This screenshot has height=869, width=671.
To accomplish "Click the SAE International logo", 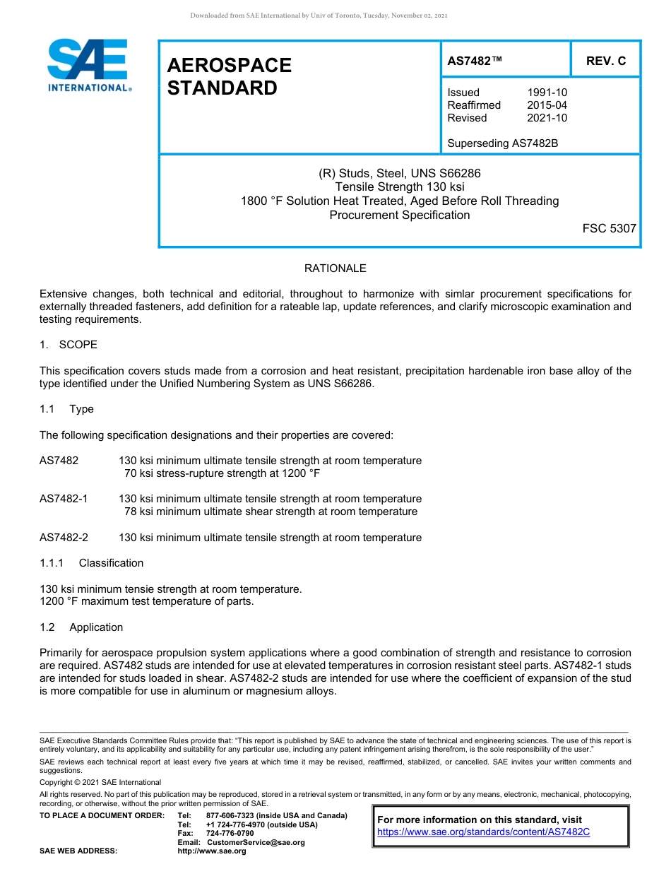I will tap(88, 65).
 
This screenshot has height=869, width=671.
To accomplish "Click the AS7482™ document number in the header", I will tap(475, 61).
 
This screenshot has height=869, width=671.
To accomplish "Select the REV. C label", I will tap(605, 61).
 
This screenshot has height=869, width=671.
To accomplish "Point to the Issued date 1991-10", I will tap(547, 93).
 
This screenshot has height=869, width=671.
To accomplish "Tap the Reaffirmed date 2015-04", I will tap(547, 105).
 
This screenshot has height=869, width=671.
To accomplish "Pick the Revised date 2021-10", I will tap(547, 118).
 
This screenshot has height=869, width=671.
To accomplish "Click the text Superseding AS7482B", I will tap(502, 143).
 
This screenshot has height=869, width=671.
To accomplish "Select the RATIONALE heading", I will tap(335, 268).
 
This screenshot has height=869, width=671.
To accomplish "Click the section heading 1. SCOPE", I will tap(69, 345).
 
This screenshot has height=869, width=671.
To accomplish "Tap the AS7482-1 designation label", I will tap(64, 499).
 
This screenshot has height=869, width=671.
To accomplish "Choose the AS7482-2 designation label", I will tap(64, 538).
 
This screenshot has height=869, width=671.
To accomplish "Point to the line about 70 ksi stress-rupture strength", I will tap(222, 473).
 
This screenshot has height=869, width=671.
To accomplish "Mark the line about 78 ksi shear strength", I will tap(271, 512).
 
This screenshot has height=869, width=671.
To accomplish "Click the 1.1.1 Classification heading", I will tap(91, 563).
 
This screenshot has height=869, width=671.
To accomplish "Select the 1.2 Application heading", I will tap(82, 627).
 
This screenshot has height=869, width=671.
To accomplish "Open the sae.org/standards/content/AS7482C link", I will tap(483, 832).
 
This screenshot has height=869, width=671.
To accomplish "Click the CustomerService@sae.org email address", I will tap(255, 842).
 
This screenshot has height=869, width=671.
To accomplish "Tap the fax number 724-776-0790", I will tap(230, 834).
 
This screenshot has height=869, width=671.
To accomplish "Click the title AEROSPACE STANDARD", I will tap(229, 76).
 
